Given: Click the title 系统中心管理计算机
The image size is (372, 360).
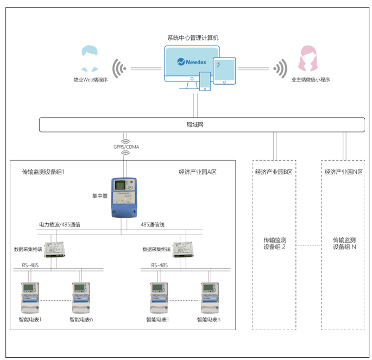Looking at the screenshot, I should [x=193, y=37].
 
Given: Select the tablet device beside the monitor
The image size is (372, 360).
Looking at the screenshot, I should [x=224, y=71].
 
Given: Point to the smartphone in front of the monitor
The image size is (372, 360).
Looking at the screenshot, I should [x=205, y=81].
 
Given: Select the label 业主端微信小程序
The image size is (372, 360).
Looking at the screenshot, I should [x=311, y=79].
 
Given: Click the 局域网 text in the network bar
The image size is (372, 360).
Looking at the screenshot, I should [x=194, y=125].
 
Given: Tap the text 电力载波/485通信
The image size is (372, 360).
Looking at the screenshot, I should [x=60, y=224].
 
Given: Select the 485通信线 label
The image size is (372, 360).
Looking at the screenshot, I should [x=153, y=224].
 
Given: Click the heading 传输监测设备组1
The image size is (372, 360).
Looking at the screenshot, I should [x=43, y=172].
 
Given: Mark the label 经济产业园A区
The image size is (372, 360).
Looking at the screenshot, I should [x=198, y=172].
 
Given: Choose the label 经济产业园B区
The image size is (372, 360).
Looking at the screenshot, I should [x=274, y=172].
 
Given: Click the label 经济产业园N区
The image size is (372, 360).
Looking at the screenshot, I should [x=343, y=172].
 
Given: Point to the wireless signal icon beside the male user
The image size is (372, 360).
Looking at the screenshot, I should [x=119, y=68].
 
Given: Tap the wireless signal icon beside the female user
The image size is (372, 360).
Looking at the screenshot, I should [x=280, y=68].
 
